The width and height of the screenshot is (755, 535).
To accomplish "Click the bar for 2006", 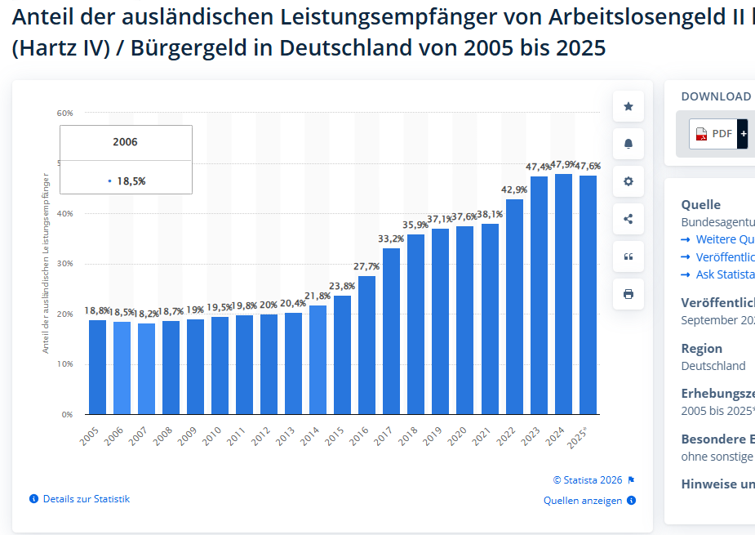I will click(122, 368).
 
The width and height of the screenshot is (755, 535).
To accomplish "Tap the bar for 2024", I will click(563, 294).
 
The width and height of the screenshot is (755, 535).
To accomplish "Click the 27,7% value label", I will click(366, 266).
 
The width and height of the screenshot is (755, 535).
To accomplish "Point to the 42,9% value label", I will click(514, 189).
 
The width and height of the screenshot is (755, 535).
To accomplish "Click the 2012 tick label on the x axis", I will click(261, 436).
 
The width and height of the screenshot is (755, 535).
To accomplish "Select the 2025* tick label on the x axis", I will click(579, 438).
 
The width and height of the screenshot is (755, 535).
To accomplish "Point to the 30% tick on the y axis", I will click(64, 264).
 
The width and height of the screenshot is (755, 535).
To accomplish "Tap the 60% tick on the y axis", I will click(64, 113).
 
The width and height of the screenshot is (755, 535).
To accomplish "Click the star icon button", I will click(628, 106).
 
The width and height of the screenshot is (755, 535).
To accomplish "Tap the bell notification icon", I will click(628, 144).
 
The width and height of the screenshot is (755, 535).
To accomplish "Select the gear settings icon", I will click(628, 181).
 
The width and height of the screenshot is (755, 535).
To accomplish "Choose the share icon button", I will click(628, 219).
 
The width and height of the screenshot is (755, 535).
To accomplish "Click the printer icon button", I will click(628, 294).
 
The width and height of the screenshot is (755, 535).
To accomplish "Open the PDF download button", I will click(714, 133).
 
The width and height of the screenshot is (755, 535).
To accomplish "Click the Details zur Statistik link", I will click(86, 498).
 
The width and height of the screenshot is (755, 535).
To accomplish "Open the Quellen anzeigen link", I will click(583, 501).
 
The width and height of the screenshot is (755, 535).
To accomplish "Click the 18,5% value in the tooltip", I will click(131, 181).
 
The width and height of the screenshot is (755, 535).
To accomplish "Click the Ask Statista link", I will click(725, 274).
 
